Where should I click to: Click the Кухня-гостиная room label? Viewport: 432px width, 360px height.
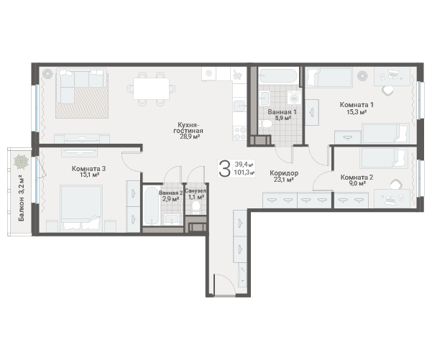pos(188,127)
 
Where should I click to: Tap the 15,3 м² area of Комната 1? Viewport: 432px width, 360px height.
pos(357,112)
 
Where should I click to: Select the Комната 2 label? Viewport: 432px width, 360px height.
pos(357,177)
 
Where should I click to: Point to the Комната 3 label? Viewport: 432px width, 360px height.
pos(88,168)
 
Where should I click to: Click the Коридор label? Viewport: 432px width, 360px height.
pos(284,173)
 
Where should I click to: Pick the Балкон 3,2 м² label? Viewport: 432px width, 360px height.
pos(22,198)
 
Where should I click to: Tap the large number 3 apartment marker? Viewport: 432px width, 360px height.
pos(224,169)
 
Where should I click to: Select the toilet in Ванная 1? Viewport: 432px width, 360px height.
pos(265,123)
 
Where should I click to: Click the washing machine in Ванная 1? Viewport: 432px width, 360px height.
pos(294,97)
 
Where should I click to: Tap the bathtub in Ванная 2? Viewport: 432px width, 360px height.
pos(151,206)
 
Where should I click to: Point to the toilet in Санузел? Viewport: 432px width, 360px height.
pos(196,207)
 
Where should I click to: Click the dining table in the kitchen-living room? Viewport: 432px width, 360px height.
pos(151,88)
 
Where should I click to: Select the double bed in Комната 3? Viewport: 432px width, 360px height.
pos(81,208)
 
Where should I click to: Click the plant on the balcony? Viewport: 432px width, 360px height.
pos(22,162)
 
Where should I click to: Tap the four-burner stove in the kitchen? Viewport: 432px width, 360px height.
pos(239,134)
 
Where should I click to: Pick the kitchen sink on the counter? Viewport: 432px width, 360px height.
pos(239,106)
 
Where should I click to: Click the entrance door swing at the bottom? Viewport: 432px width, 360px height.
pos(224,285)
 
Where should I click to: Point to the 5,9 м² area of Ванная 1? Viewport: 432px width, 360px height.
pos(283,118)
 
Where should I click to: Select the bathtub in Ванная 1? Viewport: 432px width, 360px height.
pos(279,75)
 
